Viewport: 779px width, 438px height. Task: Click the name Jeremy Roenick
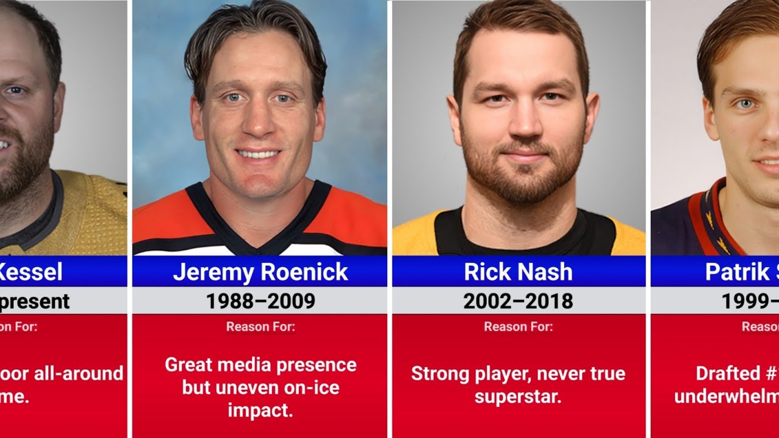[x=260, y=272]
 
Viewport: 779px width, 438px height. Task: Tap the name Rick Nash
[x=518, y=272]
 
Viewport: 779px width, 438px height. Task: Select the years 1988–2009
[x=260, y=301]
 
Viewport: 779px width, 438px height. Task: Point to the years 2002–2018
[x=518, y=301]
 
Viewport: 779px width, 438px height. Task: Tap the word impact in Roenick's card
[x=260, y=410]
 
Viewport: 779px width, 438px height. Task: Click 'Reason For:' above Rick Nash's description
[x=518, y=327]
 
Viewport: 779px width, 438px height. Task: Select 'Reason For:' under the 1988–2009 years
[x=260, y=327]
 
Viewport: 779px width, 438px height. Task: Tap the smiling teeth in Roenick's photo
[x=258, y=154]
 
